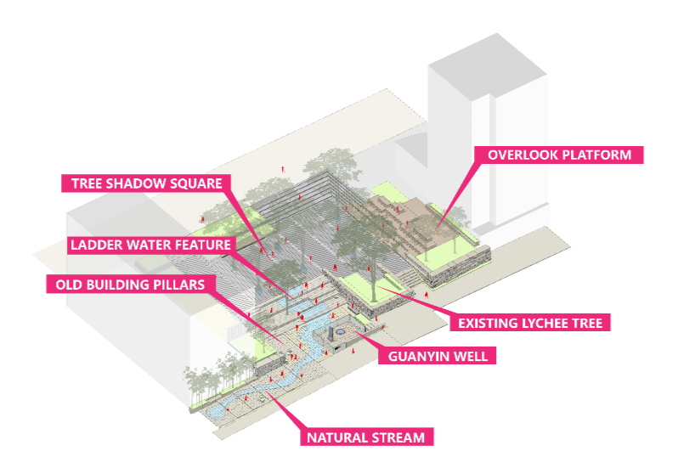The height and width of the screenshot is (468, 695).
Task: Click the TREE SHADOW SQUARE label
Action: tap(146, 183)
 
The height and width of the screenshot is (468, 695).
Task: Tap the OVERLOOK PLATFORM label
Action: tap(559, 155)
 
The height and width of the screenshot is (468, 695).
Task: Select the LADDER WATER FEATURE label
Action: tap(150, 245)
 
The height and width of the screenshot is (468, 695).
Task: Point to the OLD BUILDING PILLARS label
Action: tap(129, 285)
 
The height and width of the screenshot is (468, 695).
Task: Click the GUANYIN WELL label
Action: tap(438, 357)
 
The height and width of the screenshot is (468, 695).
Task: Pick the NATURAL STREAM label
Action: tap(365, 438)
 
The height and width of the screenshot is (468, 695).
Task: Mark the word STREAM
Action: tap(398, 438)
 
